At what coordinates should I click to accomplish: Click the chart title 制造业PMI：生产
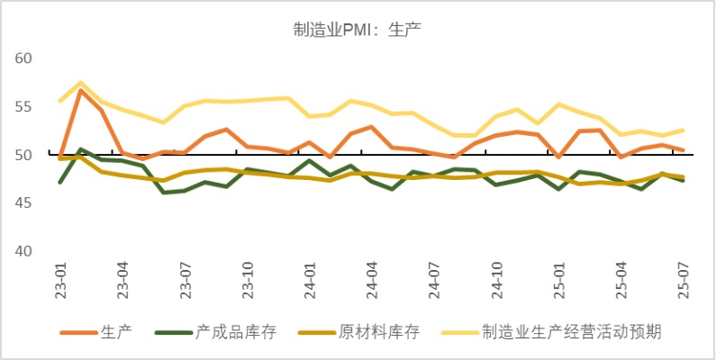point(358,29)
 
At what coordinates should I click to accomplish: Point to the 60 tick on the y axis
point(24,58)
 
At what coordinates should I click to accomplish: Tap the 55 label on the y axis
point(24,107)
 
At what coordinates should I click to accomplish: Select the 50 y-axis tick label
point(24,155)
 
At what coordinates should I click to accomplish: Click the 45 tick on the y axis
point(24,203)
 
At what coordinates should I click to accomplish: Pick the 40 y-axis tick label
point(24,251)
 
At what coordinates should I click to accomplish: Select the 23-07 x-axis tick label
point(186,281)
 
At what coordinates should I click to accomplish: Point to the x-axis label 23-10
point(248,281)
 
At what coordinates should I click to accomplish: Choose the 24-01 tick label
point(310,281)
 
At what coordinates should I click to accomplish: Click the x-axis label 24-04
point(372,281)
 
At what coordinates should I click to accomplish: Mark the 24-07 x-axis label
point(434,281)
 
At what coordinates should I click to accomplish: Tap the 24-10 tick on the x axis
point(496,281)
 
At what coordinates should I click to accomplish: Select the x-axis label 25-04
point(621,281)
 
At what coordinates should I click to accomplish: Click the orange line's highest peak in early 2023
point(81,90)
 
